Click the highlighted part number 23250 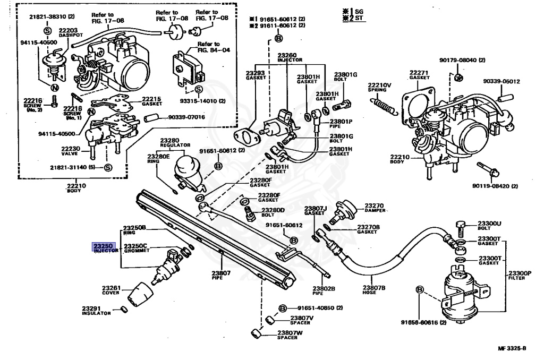103,246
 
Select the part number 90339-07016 187,117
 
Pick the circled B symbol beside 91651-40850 282,308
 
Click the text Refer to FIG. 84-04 209,47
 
